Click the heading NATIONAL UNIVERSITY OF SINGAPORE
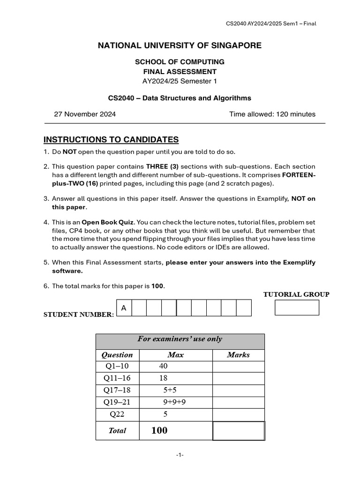tap(180, 45)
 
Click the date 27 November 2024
tap(85, 114)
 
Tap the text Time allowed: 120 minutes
tap(272, 114)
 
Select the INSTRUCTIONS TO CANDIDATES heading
tap(111, 140)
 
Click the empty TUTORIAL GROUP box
tap(296, 307)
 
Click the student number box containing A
tap(124, 308)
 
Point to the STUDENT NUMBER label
tap(78, 315)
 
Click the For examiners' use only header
tap(180, 339)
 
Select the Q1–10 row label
tap(117, 366)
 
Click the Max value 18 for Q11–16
tap(163, 378)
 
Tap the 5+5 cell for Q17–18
tap(170, 390)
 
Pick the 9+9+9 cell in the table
tap(175, 402)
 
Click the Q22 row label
tap(117, 414)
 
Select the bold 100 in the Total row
tap(159, 430)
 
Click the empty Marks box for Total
tap(239, 431)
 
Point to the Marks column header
tap(238, 355)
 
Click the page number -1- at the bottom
tap(180, 455)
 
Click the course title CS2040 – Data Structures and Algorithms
tap(180, 98)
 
